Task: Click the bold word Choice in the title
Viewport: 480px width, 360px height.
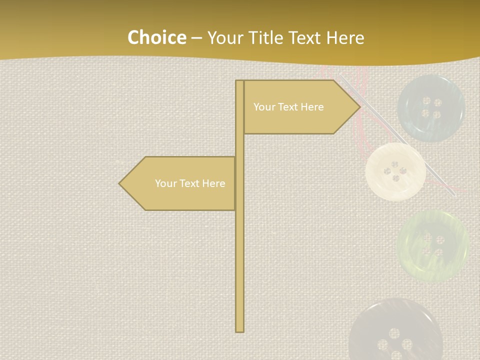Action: click(156, 37)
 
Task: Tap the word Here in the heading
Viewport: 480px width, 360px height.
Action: click(345, 38)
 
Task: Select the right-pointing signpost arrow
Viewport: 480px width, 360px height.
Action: click(300, 107)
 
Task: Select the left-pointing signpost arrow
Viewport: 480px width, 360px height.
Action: click(180, 183)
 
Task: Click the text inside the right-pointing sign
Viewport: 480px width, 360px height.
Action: click(288, 107)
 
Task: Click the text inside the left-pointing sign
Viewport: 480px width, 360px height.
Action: click(190, 183)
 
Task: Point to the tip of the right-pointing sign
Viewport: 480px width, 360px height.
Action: click(359, 106)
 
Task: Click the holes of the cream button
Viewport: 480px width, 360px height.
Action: click(395, 171)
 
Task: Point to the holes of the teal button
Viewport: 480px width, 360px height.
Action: click(431, 108)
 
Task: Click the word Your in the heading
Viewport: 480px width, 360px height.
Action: click(224, 38)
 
